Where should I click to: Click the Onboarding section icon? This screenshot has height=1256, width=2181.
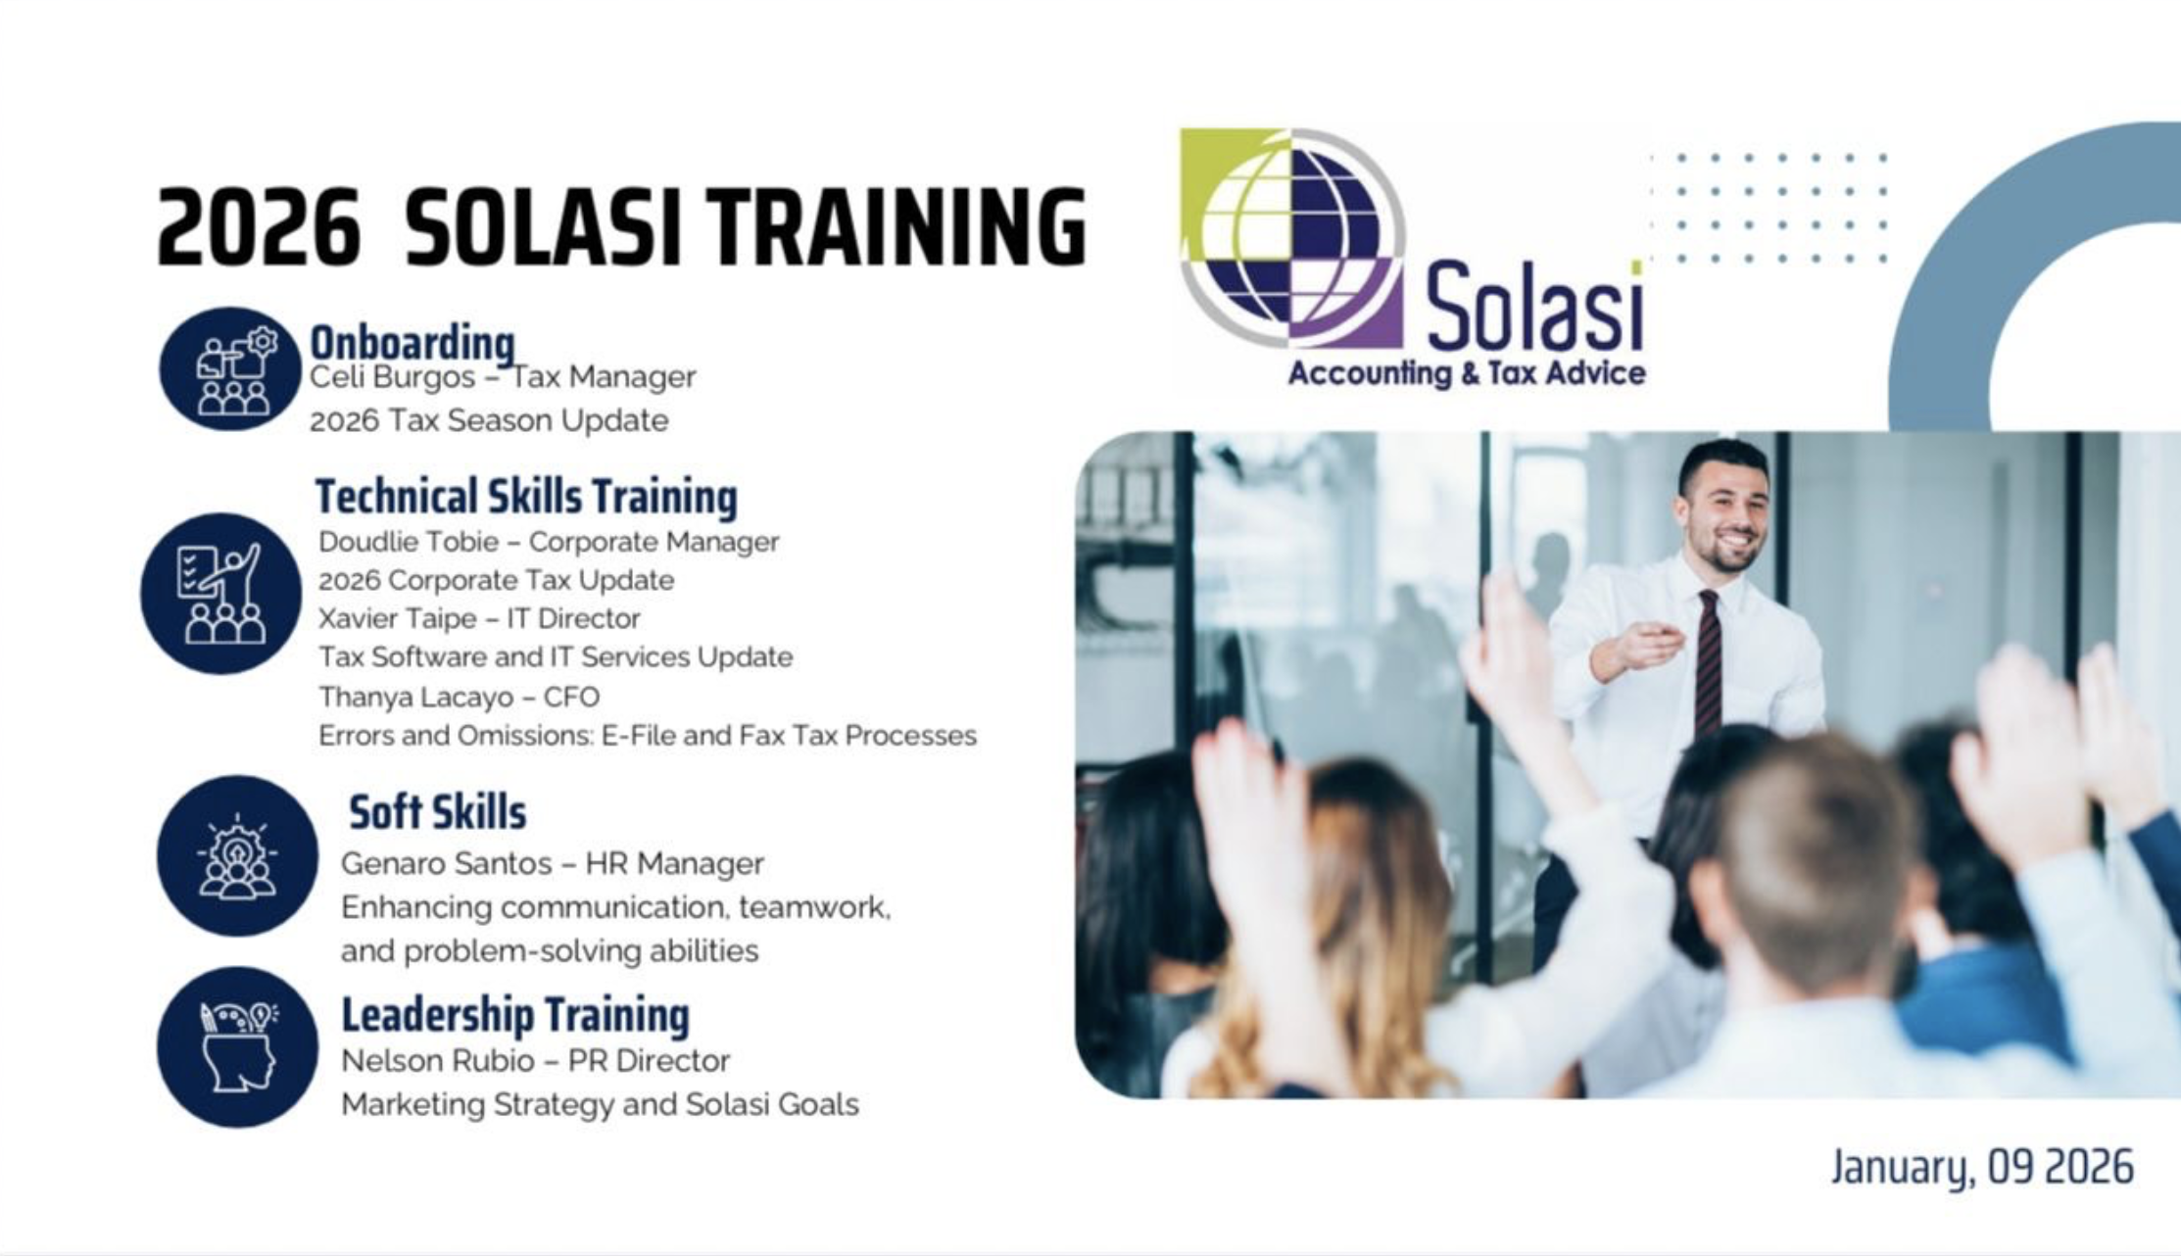(x=230, y=369)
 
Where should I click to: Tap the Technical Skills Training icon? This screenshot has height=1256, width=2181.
(x=221, y=594)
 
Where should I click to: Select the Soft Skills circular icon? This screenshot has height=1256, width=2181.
(x=237, y=856)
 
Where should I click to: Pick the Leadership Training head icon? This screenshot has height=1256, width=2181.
(x=237, y=1047)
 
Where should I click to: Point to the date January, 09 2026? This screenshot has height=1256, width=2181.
(x=1982, y=1167)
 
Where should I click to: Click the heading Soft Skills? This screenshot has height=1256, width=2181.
(x=437, y=812)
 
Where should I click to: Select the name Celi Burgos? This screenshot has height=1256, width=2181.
(x=392, y=377)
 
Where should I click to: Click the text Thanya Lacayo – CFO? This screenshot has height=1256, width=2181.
(x=459, y=697)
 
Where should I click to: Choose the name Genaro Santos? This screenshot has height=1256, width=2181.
(x=446, y=864)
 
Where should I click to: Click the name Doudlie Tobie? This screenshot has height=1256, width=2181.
(x=409, y=542)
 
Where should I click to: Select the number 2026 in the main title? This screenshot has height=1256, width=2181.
(x=259, y=227)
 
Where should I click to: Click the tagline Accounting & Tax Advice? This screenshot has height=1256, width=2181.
(x=1467, y=373)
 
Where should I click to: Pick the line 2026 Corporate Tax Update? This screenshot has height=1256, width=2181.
(x=496, y=580)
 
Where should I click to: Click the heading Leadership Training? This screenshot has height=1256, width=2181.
(x=515, y=1015)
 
